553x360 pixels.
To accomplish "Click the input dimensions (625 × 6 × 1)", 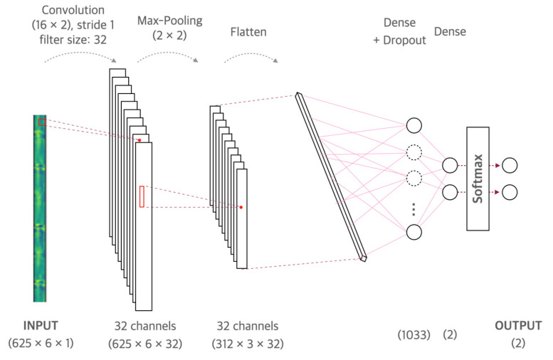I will coord(40,343).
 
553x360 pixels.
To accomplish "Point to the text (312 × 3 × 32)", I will coord(247,343).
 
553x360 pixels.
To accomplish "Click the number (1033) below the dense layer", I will coord(416,333).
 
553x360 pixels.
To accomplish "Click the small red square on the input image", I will coord(42,122).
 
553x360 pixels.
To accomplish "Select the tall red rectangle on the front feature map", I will coord(142,196).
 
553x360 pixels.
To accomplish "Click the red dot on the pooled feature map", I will coord(241,207).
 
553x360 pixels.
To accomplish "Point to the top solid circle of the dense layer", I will coord(414,125).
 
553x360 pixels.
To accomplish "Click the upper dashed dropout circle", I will coord(414,152).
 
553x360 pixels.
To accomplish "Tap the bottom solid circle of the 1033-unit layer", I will coord(414,233).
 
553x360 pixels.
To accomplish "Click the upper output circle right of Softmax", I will coord(510,166).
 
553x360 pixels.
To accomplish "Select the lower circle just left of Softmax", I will coord(449,192).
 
